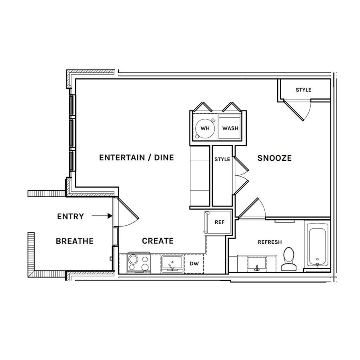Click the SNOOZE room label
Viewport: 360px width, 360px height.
274,158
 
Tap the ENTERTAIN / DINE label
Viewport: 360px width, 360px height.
136,158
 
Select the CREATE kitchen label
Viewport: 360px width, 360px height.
158,241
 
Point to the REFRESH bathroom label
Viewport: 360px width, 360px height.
270,242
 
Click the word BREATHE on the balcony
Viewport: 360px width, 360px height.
75,241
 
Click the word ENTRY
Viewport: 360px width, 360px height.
70,216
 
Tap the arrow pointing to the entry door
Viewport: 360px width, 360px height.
102,216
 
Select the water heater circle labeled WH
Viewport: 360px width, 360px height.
205,128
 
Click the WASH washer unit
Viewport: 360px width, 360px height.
230,126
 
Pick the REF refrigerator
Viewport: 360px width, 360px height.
218,222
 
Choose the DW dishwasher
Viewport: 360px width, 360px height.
194,264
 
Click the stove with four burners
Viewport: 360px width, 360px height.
139,263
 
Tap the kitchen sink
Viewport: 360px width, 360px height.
172,264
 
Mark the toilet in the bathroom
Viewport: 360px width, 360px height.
289,260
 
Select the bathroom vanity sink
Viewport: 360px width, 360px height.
257,264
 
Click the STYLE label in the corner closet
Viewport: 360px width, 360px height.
304,90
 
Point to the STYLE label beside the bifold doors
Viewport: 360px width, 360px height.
222,159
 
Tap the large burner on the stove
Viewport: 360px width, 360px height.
133,260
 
